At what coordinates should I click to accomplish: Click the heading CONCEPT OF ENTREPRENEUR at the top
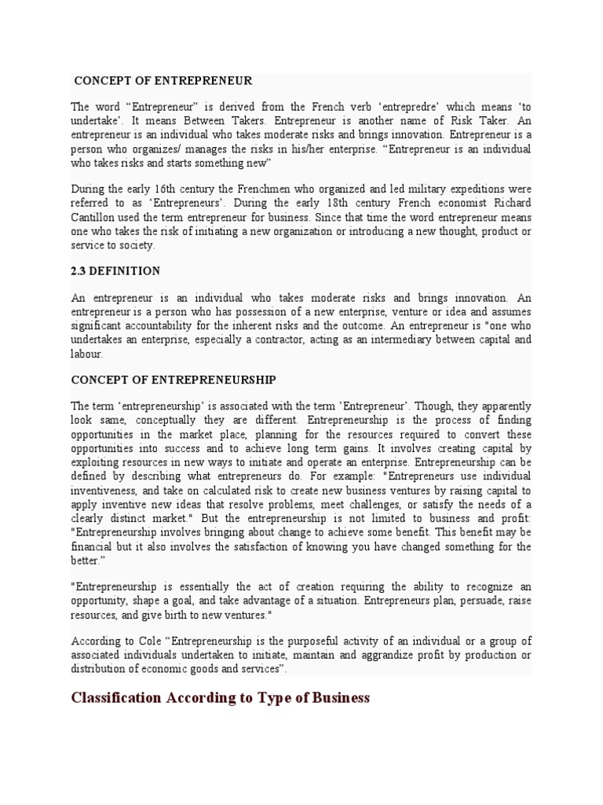tap(163, 81)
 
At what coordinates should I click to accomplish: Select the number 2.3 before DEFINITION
tap(79, 271)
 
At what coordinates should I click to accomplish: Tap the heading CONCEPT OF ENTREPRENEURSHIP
tap(174, 380)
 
